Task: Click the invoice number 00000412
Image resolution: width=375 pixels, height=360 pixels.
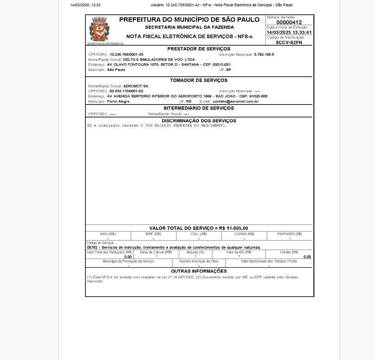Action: click(289, 22)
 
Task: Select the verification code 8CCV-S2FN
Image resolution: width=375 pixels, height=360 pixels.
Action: click(289, 42)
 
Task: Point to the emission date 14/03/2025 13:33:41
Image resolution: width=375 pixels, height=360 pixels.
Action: click(289, 32)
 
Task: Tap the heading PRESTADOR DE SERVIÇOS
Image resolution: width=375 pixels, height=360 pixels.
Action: click(199, 49)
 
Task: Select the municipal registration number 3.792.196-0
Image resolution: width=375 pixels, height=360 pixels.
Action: click(264, 54)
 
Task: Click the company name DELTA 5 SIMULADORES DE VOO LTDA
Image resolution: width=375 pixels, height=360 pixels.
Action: click(153, 59)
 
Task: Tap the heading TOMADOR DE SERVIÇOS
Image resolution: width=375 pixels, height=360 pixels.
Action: click(199, 80)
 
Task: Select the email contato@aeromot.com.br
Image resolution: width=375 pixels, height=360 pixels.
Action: click(236, 101)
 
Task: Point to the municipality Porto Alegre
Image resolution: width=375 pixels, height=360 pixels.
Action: click(118, 101)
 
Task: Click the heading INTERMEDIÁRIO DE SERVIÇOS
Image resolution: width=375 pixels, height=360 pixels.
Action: click(199, 108)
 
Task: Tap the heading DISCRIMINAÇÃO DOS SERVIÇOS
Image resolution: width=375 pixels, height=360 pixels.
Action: click(199, 121)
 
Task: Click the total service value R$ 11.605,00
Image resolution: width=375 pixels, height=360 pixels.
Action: click(234, 228)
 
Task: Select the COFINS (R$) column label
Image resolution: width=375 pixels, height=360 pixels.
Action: click(244, 234)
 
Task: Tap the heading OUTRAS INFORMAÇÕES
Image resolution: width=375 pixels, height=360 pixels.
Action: click(199, 271)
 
